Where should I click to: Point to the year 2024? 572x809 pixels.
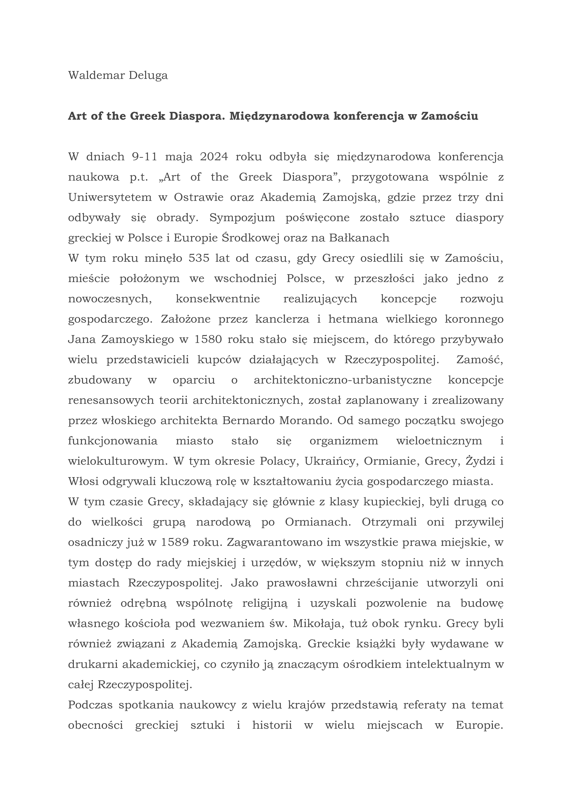click(x=214, y=157)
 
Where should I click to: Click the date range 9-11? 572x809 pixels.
click(x=144, y=157)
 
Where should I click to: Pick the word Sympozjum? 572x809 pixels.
click(x=242, y=218)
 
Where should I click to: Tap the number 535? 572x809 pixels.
click(x=200, y=259)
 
